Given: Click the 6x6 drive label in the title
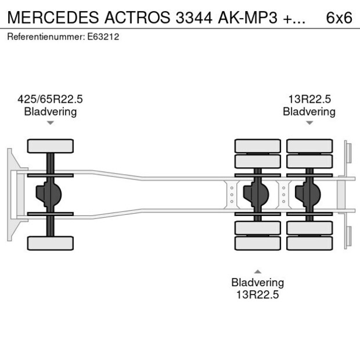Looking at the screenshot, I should click(x=339, y=17).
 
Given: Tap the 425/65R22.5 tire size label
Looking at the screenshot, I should click(x=50, y=99).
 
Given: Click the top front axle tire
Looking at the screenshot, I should click(x=51, y=146).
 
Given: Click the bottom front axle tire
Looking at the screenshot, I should click(x=51, y=243).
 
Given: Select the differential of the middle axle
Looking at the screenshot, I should click(x=256, y=195).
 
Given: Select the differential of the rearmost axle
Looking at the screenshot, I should click(x=308, y=195).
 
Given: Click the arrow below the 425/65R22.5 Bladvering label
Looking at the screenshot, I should click(x=51, y=123).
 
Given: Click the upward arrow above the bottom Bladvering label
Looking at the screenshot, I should click(x=257, y=271).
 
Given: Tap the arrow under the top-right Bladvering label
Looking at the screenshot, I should click(x=309, y=123).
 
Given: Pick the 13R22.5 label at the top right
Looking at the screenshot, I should click(x=309, y=99).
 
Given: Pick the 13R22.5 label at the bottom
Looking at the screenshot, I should click(x=257, y=294).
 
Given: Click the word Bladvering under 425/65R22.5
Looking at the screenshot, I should click(x=50, y=111).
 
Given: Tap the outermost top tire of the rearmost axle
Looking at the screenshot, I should click(x=309, y=146).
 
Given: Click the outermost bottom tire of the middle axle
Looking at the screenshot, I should click(x=257, y=243).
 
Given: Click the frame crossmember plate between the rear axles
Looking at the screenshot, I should click(x=283, y=195).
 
